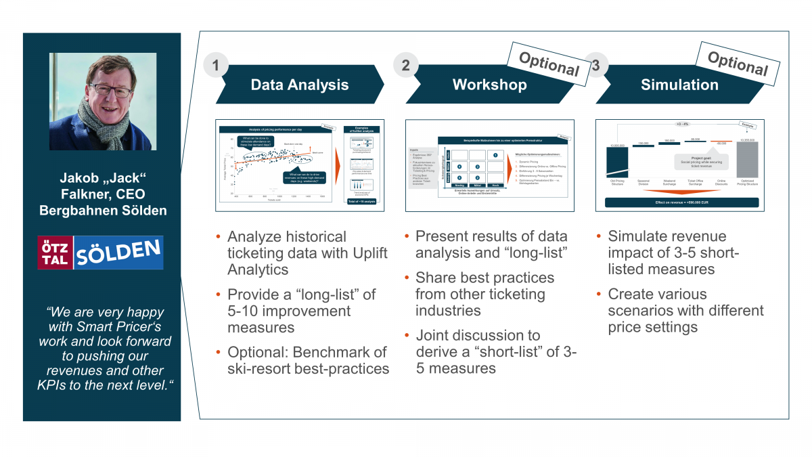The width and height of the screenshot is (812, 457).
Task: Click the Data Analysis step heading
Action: (299, 85)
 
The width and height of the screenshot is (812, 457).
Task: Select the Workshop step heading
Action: (489, 85)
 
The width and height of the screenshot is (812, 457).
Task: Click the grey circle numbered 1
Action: (215, 66)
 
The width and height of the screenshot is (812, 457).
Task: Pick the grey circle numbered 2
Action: (405, 66)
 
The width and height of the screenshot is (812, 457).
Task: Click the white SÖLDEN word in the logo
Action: (116, 253)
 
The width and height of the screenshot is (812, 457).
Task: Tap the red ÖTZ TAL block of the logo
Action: (55, 253)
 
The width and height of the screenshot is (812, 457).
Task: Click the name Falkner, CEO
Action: (101, 195)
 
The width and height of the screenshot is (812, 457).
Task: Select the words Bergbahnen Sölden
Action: (101, 210)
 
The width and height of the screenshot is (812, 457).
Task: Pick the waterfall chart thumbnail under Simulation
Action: (681, 165)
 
